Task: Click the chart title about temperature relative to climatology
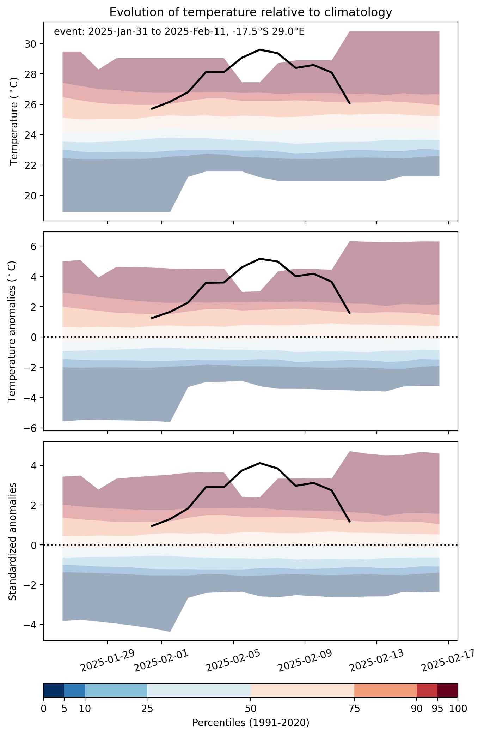[251, 12]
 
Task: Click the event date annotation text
[179, 32]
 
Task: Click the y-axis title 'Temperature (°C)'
[14, 122]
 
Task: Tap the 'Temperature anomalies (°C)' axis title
[12, 331]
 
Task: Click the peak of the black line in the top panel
[260, 50]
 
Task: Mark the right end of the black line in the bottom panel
[350, 522]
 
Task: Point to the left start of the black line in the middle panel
[152, 318]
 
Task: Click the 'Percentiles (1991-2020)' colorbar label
[251, 723]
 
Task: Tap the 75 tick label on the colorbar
[354, 709]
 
